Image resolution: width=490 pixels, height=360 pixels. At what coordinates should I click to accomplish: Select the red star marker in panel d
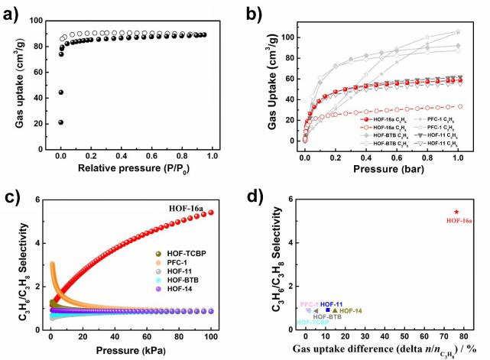[456, 212]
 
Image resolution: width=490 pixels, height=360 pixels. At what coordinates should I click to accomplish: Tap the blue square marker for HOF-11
[328, 310]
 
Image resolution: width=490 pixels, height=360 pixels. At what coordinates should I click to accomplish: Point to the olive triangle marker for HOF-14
[335, 310]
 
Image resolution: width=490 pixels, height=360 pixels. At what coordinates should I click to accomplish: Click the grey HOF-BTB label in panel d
[327, 316]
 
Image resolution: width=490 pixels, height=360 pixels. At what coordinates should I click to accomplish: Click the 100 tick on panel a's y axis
[37, 21]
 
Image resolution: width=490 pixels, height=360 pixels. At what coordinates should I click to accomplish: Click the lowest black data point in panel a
[60, 122]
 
